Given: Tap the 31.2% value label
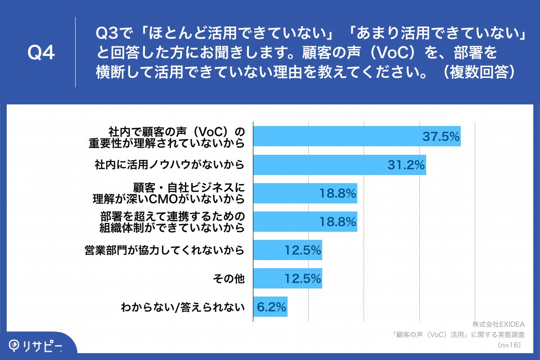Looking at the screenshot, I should pos(406,165).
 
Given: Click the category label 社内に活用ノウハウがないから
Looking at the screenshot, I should pos(170,165).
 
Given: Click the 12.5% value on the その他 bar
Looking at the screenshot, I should pos(303,278).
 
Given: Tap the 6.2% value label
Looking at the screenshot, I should pos(271,307).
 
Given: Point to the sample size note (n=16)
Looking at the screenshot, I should pos(509,345).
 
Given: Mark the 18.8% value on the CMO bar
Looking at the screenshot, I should pos(337,193).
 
